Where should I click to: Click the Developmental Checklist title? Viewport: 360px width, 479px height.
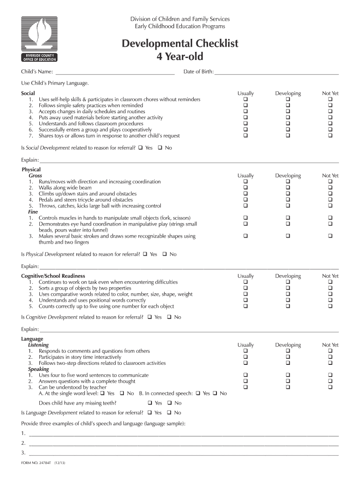pyautogui.click(x=180, y=44)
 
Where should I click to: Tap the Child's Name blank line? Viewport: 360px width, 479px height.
pyautogui.click(x=115, y=72)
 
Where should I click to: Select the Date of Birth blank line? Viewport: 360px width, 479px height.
pyautogui.click(x=276, y=72)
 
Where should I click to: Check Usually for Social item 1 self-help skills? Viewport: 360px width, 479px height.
pyautogui.click(x=245, y=100)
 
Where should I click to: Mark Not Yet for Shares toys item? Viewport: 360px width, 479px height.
pyautogui.click(x=330, y=136)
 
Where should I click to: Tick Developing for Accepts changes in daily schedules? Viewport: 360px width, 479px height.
pyautogui.click(x=288, y=112)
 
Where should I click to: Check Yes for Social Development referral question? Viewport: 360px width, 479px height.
pyautogui.click(x=141, y=148)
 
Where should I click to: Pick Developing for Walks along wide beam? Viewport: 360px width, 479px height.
pyautogui.click(x=288, y=188)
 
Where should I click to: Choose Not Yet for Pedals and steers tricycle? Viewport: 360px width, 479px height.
pyautogui.click(x=330, y=200)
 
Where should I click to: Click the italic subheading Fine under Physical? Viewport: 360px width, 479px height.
pyautogui.click(x=33, y=212)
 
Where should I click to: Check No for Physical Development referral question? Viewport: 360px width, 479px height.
pyautogui.click(x=165, y=254)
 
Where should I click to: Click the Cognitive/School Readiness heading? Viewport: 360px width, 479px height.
pyautogui.click(x=53, y=276)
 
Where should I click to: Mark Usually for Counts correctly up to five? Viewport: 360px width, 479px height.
pyautogui.click(x=245, y=306)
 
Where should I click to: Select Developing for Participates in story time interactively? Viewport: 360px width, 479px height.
pyautogui.click(x=288, y=357)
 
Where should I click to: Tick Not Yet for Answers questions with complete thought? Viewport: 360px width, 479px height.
pyautogui.click(x=330, y=381)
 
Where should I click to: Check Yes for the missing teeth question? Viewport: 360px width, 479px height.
pyautogui.click(x=150, y=403)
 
